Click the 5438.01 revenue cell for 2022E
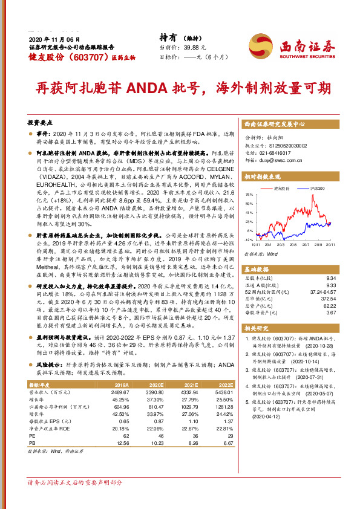pos(223,392)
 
